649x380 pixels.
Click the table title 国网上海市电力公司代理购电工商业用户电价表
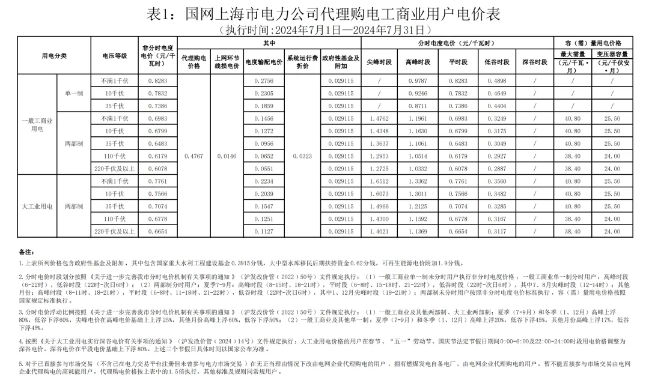coord(324,13)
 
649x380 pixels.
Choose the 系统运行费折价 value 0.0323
coord(302,156)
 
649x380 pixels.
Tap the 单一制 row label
coord(74,93)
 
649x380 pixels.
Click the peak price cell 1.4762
coord(379,119)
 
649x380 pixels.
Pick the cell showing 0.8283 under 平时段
coord(458,80)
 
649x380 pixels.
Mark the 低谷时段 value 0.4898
coord(496,80)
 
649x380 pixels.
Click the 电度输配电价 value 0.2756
coord(263,80)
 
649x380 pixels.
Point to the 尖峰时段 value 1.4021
coord(379,232)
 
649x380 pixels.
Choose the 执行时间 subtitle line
coord(324,29)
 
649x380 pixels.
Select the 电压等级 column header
coord(115,55)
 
